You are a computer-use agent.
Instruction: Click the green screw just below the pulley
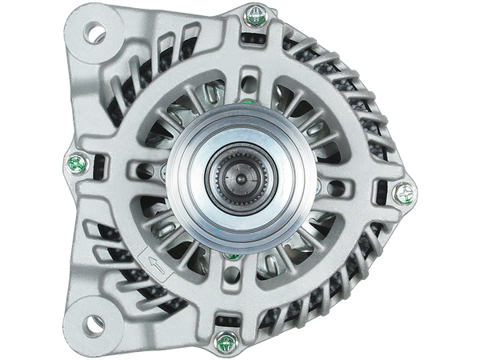click(234, 258)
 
